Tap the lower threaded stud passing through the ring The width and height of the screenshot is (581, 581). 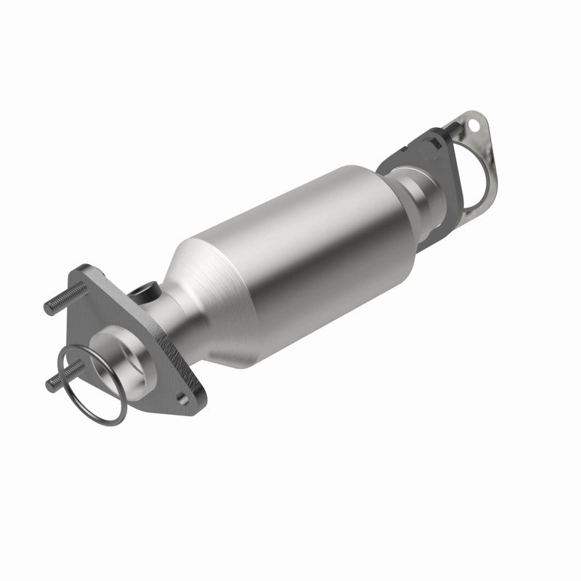tap(58, 382)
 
